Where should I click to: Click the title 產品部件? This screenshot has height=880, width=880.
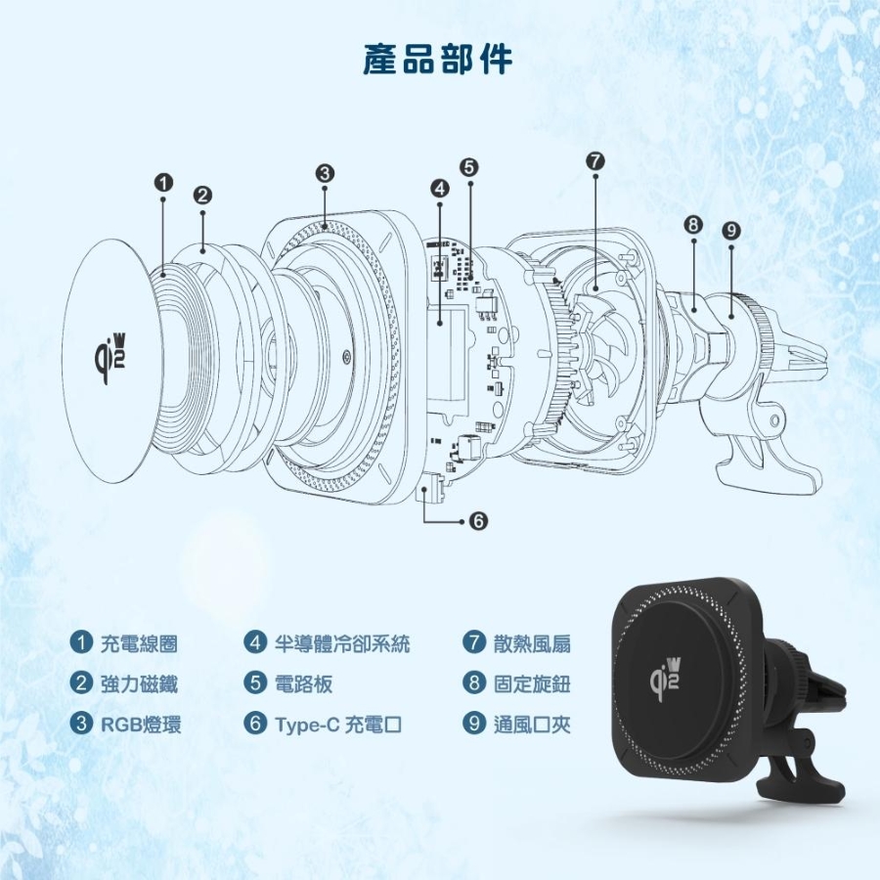[437, 59]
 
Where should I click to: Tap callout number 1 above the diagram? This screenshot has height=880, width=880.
[163, 183]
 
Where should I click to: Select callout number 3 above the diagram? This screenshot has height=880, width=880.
[325, 173]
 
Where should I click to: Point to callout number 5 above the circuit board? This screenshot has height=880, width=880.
[469, 167]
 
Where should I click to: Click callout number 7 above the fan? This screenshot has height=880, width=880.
[594, 161]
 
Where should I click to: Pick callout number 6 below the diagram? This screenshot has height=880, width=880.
[478, 521]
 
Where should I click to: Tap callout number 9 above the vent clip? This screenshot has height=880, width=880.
[730, 230]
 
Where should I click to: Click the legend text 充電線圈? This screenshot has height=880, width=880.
[139, 643]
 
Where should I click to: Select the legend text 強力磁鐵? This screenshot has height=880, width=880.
[139, 683]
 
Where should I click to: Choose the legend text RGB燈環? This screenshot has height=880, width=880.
[141, 724]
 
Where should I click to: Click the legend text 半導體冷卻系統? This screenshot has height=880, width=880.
[342, 643]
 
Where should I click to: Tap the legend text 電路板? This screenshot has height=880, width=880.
[304, 683]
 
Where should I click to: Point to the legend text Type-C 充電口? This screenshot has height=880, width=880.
[338, 725]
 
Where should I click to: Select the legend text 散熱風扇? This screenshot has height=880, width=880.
[532, 643]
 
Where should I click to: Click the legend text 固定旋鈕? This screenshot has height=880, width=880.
[532, 683]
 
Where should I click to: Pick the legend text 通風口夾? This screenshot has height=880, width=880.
[532, 725]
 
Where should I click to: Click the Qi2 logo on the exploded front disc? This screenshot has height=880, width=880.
[110, 357]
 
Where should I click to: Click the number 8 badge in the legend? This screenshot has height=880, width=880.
[474, 682]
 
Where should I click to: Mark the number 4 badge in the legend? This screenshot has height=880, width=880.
[255, 642]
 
